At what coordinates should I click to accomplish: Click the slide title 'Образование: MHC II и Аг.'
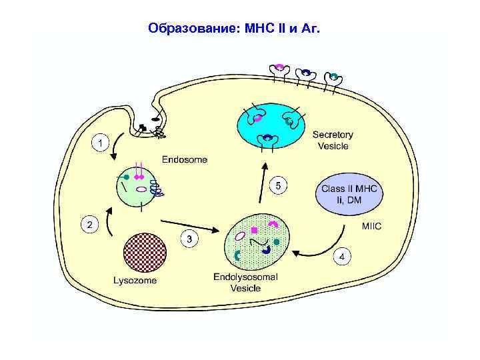234,29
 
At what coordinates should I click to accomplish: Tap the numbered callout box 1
99,143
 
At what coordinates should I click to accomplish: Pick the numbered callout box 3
190,238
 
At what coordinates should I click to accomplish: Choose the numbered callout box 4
342,255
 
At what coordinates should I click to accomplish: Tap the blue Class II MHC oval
349,194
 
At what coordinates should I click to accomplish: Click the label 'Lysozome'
135,281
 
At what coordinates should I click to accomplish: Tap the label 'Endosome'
185,160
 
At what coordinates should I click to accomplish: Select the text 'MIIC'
371,227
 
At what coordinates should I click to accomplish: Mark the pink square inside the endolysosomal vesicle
254,230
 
